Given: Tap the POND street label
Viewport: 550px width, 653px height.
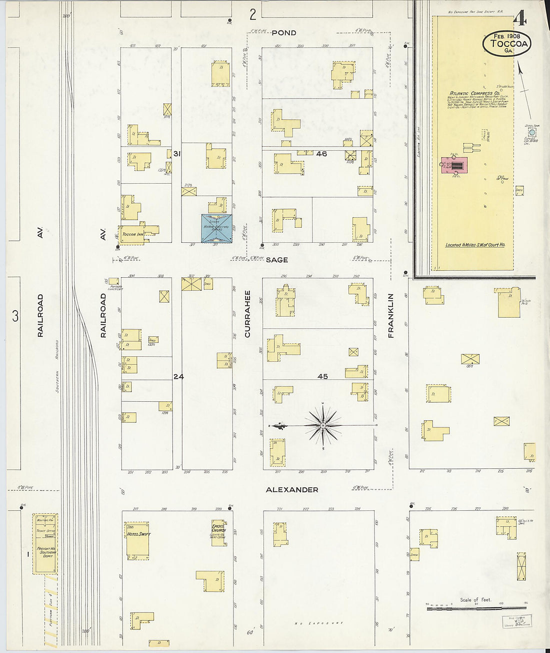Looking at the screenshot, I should pyautogui.click(x=284, y=33).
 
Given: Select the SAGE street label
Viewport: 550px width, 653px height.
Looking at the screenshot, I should pyautogui.click(x=276, y=260).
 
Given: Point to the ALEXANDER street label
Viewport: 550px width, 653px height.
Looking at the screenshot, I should pyautogui.click(x=291, y=489).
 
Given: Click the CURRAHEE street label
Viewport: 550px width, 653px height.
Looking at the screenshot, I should pyautogui.click(x=247, y=313).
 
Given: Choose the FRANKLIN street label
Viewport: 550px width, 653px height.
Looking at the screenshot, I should pyautogui.click(x=391, y=315).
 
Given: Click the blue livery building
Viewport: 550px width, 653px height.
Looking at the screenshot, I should pyautogui.click(x=217, y=229).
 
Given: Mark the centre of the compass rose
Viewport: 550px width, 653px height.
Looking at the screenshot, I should pyautogui.click(x=323, y=426).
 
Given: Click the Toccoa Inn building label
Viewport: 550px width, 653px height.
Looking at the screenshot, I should pyautogui.click(x=133, y=234).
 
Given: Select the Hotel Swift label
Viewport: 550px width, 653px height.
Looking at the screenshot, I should pyautogui.click(x=138, y=534).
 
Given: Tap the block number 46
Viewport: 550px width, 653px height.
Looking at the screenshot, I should pyautogui.click(x=321, y=154).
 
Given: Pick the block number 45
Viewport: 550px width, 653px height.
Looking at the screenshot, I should pyautogui.click(x=322, y=376).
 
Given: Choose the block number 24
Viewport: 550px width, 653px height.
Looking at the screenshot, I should pyautogui.click(x=178, y=376).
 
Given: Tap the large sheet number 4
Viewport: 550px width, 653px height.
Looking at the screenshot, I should pyautogui.click(x=520, y=19).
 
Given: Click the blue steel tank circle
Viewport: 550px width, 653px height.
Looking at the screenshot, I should pyautogui.click(x=532, y=133).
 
